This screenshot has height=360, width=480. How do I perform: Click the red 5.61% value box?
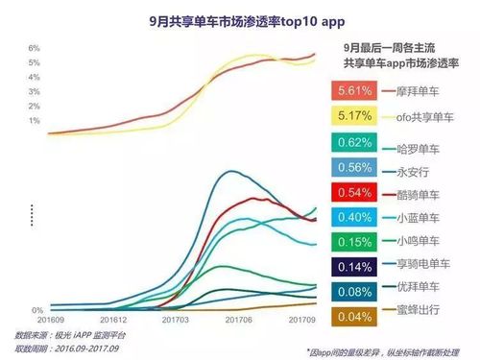click(x=355, y=91)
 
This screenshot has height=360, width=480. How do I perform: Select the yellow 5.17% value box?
click(x=355, y=117)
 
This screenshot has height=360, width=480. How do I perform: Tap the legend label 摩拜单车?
click(x=416, y=91)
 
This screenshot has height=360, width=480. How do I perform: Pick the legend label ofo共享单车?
click(x=421, y=117)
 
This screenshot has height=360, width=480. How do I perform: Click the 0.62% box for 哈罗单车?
click(x=355, y=143)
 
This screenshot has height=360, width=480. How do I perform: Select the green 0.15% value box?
click(x=355, y=241)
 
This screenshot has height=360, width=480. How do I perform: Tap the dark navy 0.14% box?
click(x=355, y=266)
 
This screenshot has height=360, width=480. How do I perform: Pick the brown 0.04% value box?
click(x=355, y=315)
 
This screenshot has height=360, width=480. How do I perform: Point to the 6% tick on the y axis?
click(x=34, y=48)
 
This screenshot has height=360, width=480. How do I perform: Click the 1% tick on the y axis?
click(x=34, y=121)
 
